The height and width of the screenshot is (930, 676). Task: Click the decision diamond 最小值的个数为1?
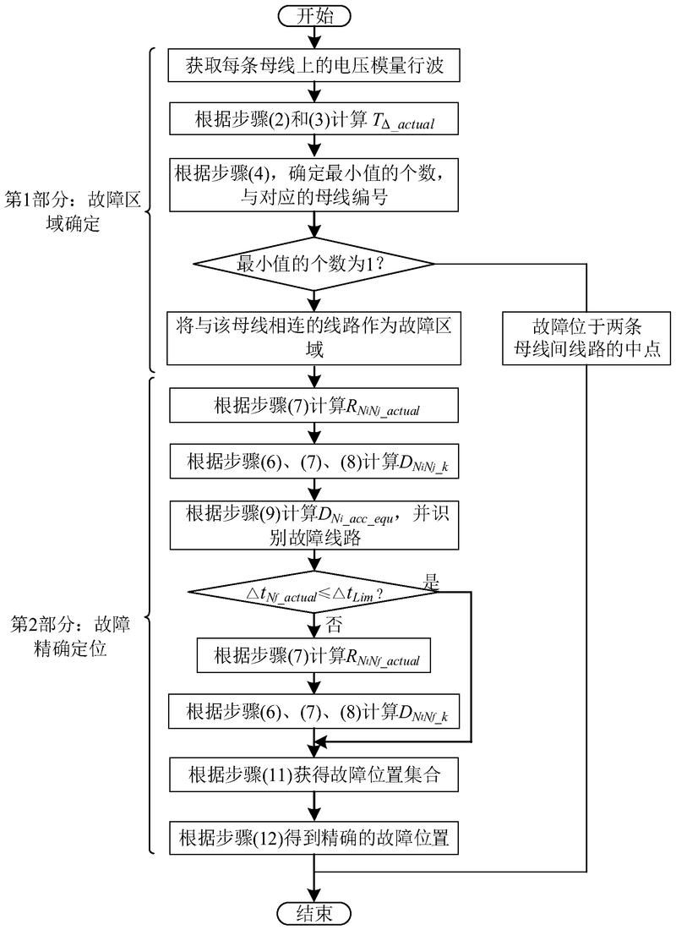tap(315, 265)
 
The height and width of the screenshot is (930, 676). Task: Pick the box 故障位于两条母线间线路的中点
tap(586, 337)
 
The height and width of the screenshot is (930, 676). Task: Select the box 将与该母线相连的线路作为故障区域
tap(315, 337)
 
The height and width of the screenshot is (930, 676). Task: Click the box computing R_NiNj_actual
tap(315, 406)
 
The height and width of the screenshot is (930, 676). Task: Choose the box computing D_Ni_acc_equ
tap(315, 526)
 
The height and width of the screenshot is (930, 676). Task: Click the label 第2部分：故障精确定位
tap(71, 637)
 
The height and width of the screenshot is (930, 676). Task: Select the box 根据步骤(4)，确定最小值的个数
tap(315, 183)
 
